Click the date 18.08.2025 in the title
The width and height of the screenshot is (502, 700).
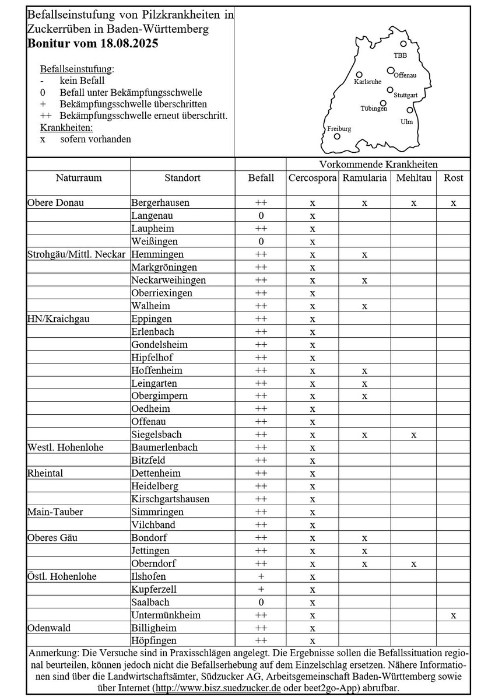tap(128, 43)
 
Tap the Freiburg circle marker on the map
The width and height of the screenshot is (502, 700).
tap(337, 136)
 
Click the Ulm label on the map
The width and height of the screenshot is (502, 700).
tap(406, 121)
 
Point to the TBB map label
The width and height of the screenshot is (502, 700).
tap(400, 55)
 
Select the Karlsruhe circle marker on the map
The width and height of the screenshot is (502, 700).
tap(359, 75)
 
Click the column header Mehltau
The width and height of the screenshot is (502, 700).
tap(413, 178)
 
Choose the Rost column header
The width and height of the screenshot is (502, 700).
tap(453, 178)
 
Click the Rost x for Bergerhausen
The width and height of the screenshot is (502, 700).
tap(453, 203)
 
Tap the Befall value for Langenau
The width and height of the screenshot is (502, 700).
tap(261, 216)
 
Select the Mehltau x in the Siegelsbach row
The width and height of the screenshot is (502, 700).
tap(413, 435)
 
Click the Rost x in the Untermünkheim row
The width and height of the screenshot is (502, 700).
tap(453, 615)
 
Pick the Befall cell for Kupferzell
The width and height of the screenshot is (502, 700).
tap(261, 589)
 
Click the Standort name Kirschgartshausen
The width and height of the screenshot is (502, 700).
tap(170, 499)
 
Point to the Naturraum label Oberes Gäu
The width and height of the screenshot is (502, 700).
tap(52, 537)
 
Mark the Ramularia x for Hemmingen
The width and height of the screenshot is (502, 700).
tap(364, 254)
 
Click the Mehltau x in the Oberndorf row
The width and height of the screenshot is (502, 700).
tap(413, 563)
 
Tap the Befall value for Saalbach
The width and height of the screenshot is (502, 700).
tap(261, 602)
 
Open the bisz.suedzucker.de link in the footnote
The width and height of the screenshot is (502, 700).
tap(216, 688)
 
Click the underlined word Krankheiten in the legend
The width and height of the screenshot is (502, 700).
tap(66, 127)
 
